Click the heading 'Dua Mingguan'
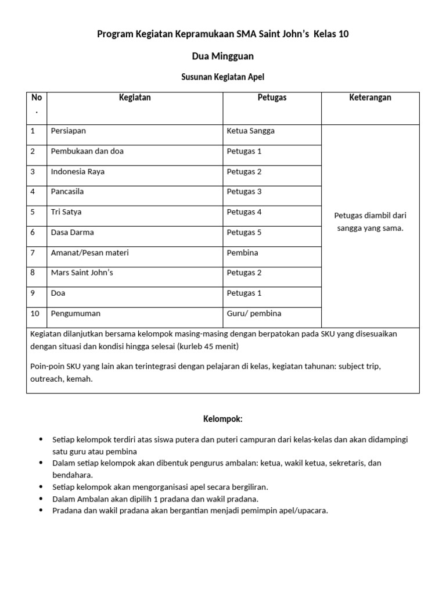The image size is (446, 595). (x=222, y=56)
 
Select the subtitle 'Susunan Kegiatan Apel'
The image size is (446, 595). (x=223, y=77)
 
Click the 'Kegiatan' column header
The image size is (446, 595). (x=135, y=98)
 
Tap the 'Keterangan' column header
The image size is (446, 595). (x=370, y=98)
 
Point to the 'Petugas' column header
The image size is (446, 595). (x=272, y=98)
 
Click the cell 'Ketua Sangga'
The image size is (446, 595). (x=251, y=131)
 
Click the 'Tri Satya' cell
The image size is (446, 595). (x=66, y=212)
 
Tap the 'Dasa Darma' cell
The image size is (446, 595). (x=72, y=232)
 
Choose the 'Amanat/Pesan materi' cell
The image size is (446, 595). (x=90, y=253)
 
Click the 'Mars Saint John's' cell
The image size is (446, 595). (x=82, y=273)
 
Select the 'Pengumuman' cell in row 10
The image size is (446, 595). (x=75, y=314)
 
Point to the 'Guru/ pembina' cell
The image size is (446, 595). (x=254, y=314)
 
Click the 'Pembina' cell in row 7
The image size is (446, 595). (x=242, y=253)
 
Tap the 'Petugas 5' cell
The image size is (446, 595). (x=244, y=232)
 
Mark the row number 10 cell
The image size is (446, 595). (x=35, y=314)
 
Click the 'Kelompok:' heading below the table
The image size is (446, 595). (x=222, y=418)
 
